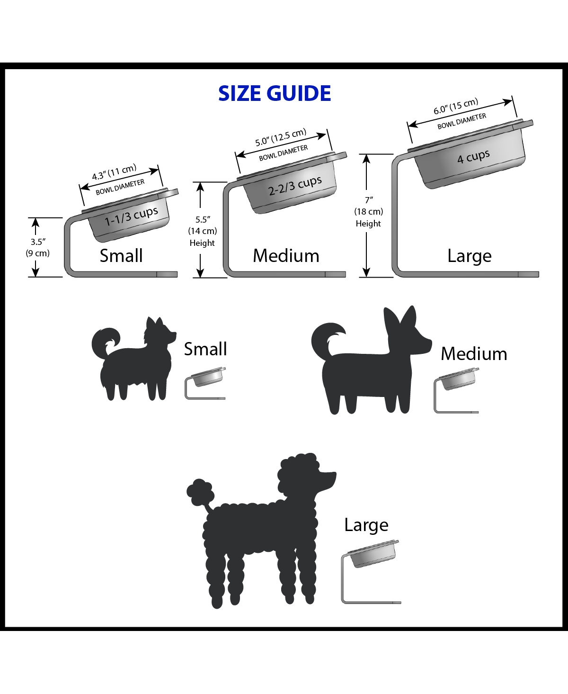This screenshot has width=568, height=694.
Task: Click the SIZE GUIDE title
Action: [x=275, y=94]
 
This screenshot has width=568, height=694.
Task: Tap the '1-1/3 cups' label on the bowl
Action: [x=131, y=216]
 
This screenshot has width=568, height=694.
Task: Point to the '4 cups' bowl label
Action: [x=473, y=157]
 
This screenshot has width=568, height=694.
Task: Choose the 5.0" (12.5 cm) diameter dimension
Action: [x=281, y=137]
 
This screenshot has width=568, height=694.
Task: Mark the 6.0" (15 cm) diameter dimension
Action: [x=456, y=107]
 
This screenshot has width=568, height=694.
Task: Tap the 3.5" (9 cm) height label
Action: [x=38, y=247]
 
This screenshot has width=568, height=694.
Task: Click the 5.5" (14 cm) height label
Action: [x=202, y=231]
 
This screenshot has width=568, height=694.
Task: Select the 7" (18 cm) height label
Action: [x=368, y=212]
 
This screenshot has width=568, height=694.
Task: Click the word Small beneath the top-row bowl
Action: [x=121, y=256]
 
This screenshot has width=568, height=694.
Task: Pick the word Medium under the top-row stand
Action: [x=286, y=256]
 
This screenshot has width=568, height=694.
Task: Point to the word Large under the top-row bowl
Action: [x=470, y=256]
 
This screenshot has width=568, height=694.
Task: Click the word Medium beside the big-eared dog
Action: [x=474, y=354]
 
